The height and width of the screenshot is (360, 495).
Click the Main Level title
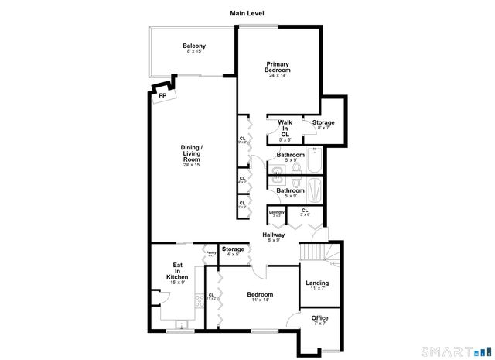[x=247, y=13]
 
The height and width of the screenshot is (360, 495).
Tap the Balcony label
[x=194, y=49]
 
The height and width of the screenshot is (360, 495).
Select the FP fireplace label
[x=162, y=95]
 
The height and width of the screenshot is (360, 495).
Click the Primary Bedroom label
[x=278, y=69]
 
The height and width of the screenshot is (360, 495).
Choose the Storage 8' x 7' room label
[x=323, y=125]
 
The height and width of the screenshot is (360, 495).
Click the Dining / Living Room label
[x=192, y=155]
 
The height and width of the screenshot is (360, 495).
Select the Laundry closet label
[x=275, y=213]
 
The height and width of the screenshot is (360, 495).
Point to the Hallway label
[x=273, y=237]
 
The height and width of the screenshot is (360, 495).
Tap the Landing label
[x=317, y=285]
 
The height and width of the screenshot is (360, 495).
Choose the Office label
[x=319, y=320]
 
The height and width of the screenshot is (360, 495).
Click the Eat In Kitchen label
[x=177, y=273]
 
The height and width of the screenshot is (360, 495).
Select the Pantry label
[x=210, y=253]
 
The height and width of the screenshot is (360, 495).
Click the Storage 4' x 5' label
[x=233, y=251]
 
